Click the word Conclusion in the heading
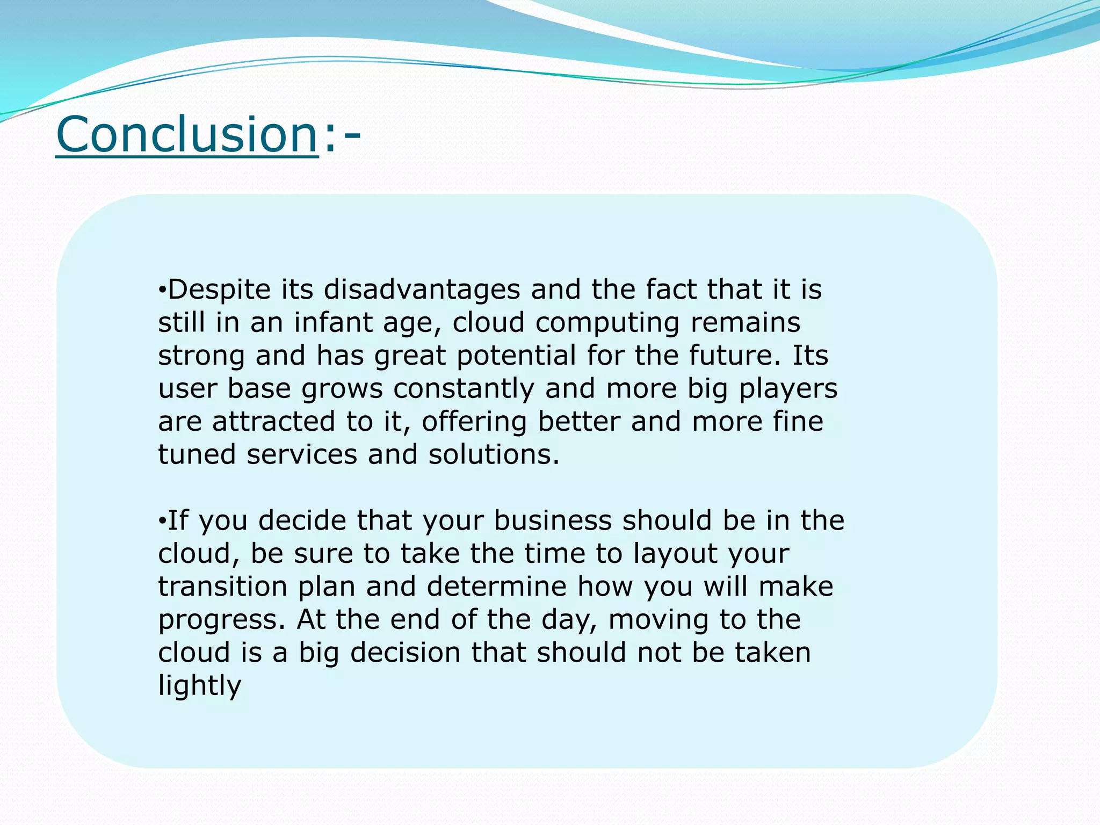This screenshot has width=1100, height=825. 187,134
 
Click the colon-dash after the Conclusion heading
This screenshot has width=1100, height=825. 342,135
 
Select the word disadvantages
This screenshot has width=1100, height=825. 422,290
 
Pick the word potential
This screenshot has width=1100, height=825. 516,356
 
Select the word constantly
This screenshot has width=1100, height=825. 464,389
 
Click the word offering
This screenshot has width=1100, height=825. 474,422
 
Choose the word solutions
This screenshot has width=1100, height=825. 494,454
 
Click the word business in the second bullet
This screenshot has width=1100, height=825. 553,520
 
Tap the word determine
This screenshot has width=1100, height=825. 496,587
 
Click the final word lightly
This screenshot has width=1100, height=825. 199,686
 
